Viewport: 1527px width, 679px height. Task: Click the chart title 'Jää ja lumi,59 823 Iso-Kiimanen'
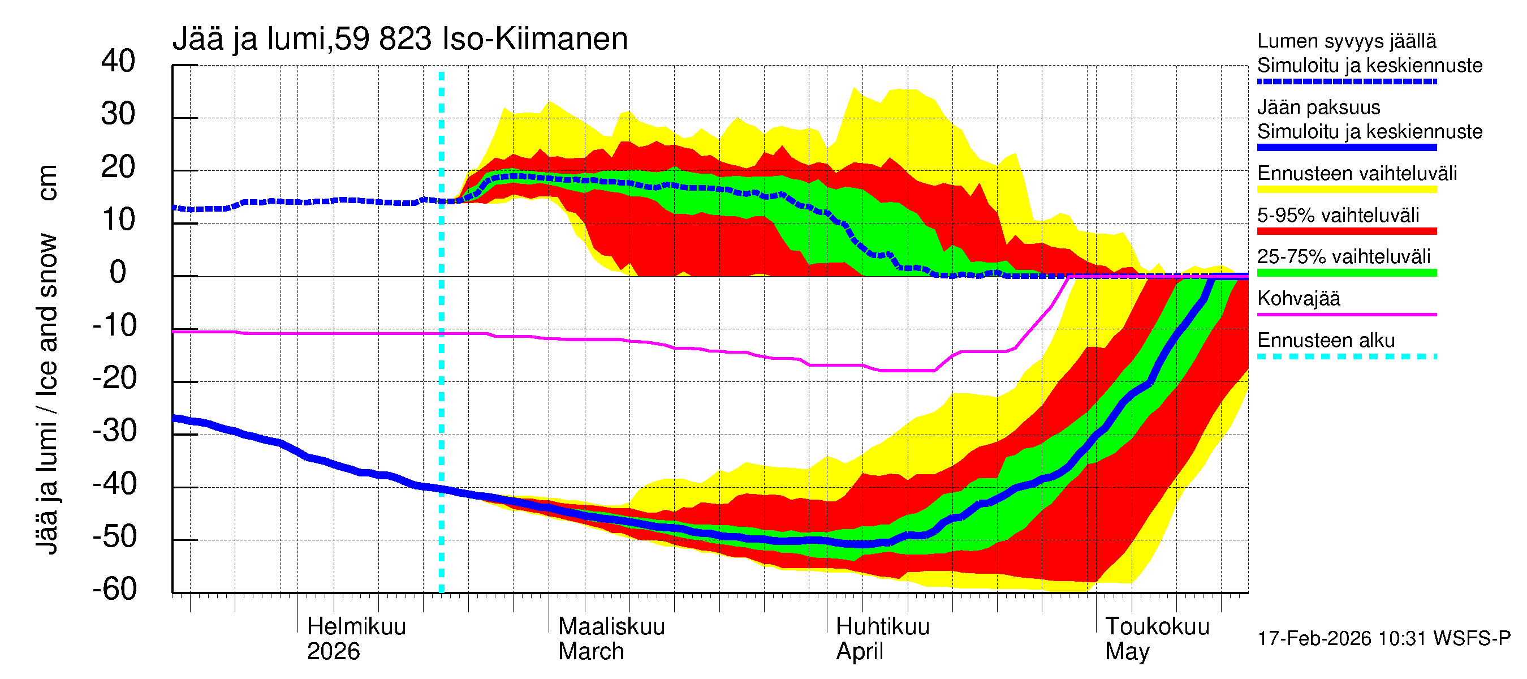point(399,39)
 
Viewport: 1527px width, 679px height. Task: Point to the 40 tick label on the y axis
point(118,61)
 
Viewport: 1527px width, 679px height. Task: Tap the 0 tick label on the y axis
point(118,272)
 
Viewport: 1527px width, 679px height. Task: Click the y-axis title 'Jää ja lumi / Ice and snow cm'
point(47,359)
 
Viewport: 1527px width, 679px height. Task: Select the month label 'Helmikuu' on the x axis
point(356,626)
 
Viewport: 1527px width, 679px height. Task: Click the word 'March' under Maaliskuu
point(591,652)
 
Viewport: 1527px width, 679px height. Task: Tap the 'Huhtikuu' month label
point(882,626)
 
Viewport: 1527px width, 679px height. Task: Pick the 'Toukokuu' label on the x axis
point(1157,626)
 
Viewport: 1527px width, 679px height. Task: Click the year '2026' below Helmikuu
point(333,652)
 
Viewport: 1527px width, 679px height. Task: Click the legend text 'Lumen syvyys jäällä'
point(1346,41)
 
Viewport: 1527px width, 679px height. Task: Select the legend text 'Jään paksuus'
point(1318,108)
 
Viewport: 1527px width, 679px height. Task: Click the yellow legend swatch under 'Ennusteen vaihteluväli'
point(1346,190)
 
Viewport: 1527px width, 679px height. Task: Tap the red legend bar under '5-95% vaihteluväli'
point(1346,231)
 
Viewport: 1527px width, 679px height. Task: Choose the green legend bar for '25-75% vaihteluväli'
point(1346,273)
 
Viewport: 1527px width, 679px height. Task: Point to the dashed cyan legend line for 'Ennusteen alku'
point(1346,356)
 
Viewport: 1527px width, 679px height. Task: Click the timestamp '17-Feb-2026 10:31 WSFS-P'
point(1383,639)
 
